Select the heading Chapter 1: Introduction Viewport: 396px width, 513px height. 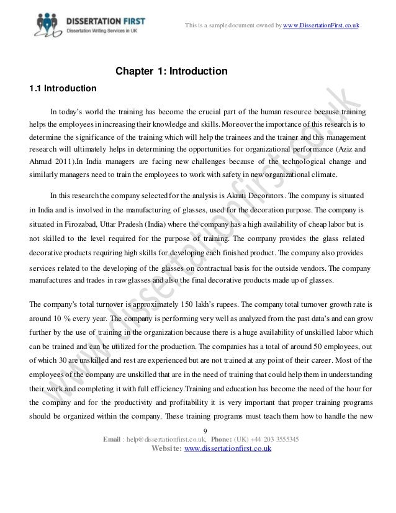(x=172, y=72)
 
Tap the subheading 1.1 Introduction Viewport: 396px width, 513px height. (x=63, y=88)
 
